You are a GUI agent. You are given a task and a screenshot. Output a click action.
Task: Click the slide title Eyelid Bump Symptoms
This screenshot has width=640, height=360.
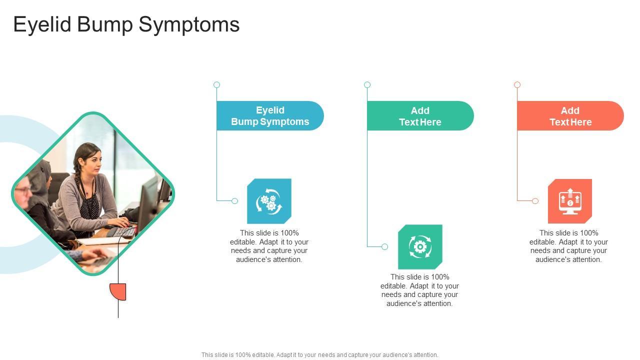126,24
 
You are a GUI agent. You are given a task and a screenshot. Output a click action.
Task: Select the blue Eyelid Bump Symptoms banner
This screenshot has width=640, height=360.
270,116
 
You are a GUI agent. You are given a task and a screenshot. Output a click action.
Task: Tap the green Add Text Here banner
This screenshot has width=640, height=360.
420,116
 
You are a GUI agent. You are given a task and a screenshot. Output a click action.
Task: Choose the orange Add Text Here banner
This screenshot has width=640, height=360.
570,116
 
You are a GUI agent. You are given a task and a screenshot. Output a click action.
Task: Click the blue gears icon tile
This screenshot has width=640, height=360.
269,201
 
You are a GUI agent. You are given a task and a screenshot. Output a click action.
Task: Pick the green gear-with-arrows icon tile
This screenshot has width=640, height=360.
420,246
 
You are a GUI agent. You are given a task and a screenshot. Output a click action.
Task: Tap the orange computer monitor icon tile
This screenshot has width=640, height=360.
570,201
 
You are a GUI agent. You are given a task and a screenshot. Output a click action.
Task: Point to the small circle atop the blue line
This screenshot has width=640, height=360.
216,85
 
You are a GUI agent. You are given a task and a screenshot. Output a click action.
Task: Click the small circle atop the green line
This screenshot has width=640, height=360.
367,85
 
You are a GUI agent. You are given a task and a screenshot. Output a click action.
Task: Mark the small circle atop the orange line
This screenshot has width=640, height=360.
517,85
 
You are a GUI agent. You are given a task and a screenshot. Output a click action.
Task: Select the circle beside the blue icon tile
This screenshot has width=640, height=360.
234,201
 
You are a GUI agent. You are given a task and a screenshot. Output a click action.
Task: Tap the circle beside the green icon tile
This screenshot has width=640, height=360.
384,246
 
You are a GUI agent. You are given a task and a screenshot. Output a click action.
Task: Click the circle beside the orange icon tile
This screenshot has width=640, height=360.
535,201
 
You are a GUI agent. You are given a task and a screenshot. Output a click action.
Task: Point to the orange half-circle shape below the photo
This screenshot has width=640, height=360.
119,291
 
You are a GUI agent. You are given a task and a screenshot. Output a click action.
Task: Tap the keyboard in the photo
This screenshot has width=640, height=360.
123,232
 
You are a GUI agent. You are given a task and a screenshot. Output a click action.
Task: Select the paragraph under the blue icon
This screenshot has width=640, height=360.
269,246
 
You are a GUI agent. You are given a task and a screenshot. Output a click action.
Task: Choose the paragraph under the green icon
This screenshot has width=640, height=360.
419,290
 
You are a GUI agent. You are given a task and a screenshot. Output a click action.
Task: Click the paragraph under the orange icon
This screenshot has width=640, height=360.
568,246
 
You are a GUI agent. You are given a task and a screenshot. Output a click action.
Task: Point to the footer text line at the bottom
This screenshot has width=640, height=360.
320,355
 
